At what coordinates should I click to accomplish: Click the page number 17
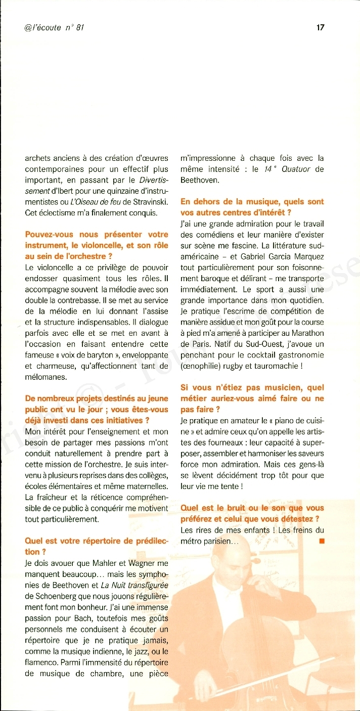(x=320, y=27)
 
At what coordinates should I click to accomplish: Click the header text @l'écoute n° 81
(x=54, y=27)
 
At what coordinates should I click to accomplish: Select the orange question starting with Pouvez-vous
(x=97, y=245)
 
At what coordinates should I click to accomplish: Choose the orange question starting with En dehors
(x=252, y=207)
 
